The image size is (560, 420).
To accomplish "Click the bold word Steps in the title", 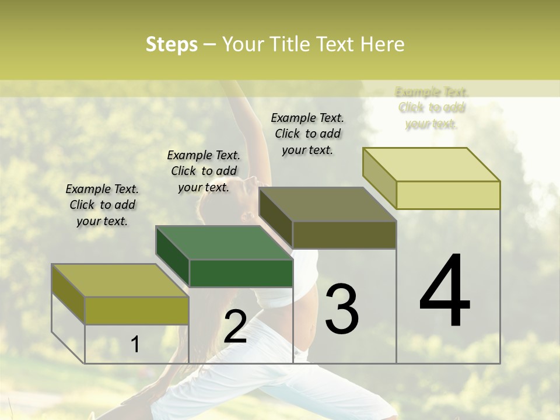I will click(x=171, y=45).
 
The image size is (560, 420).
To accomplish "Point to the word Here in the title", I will click(x=383, y=45).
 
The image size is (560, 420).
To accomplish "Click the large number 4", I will click(x=444, y=291).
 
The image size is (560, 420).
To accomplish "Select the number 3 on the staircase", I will click(x=341, y=309).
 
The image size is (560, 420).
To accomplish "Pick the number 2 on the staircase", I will click(x=235, y=327).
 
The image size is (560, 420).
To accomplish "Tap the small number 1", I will click(x=135, y=345).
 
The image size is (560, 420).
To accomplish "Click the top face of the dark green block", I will click(x=224, y=242).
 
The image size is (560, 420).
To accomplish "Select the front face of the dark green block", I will click(x=241, y=274).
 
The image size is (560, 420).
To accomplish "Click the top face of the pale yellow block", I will click(x=432, y=164).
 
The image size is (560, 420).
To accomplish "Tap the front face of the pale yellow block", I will click(x=448, y=195).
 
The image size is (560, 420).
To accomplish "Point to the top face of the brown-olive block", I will click(x=328, y=204).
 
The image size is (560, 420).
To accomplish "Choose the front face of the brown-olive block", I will click(x=344, y=235).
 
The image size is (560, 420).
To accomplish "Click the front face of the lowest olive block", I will click(x=136, y=310).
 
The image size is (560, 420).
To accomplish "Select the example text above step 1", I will click(x=102, y=205).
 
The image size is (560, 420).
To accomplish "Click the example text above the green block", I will click(x=204, y=171).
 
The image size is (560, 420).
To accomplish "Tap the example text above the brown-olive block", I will click(x=307, y=134).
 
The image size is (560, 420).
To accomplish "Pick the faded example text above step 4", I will click(x=432, y=108).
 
